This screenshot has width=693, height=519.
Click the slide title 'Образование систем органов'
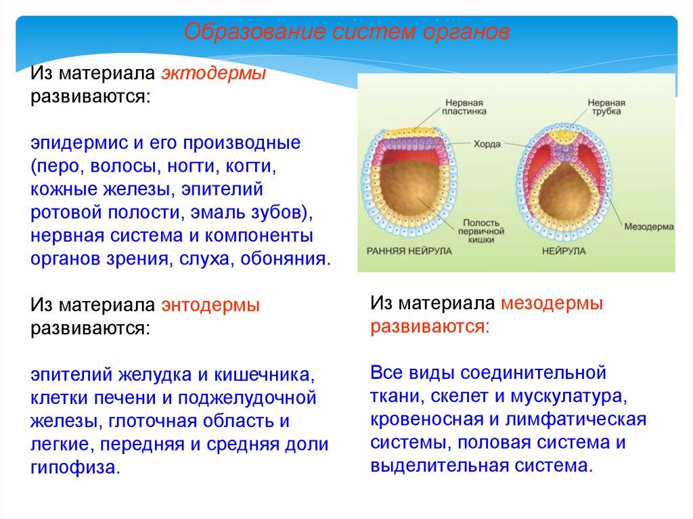tap(346, 32)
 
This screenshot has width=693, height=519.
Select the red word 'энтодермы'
tap(210, 305)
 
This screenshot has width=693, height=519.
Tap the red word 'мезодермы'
tap(552, 304)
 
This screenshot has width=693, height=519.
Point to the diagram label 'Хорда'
tap(485, 144)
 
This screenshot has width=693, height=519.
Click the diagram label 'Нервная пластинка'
tap(464, 109)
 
